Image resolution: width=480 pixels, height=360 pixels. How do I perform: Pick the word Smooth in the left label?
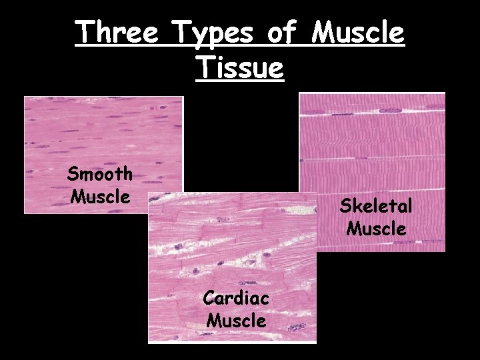pos(100,175)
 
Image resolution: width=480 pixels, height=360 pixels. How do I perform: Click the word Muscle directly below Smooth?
pos(100,197)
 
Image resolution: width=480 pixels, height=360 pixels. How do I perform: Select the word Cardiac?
pos(236,298)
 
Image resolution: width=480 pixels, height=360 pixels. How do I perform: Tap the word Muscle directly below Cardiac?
pos(236,320)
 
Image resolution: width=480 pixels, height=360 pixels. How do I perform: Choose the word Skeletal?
pos(376,206)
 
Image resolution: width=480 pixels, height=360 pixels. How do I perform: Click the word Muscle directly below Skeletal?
pos(376,229)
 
